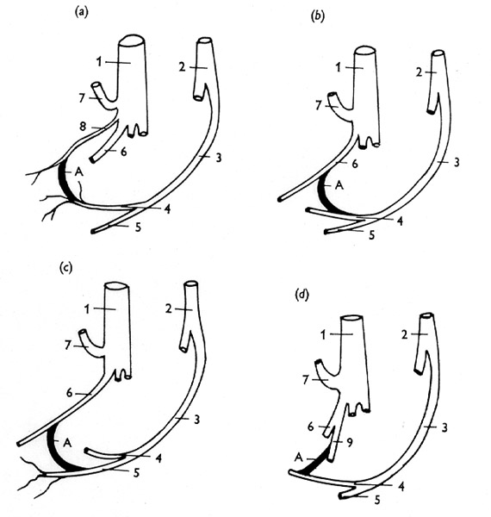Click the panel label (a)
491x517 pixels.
coord(82,13)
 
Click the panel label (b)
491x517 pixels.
coord(317,16)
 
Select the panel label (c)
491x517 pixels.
coord(65,268)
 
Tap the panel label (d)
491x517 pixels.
coord(302,295)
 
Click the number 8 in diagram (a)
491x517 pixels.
coord(83,127)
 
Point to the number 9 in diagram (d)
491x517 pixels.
coord(350,442)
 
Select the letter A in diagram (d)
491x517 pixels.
coord(299,458)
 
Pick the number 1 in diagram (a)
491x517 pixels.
coord(99,62)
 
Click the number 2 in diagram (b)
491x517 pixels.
coord(419,72)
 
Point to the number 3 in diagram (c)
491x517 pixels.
coord(196,420)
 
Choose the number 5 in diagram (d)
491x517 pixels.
coord(377,500)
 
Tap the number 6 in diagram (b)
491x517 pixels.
coord(355,164)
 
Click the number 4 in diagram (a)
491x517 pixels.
coord(168,209)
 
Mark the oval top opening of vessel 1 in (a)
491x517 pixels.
coord(132,40)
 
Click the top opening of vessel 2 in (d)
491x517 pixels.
coord(426,316)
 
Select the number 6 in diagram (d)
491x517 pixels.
coord(310,427)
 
